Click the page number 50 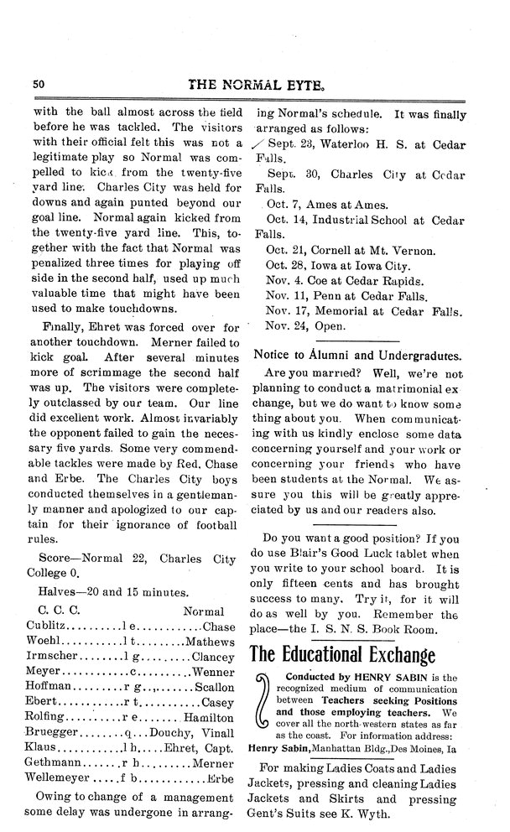[x=39, y=84]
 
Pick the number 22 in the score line [x=133, y=557]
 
